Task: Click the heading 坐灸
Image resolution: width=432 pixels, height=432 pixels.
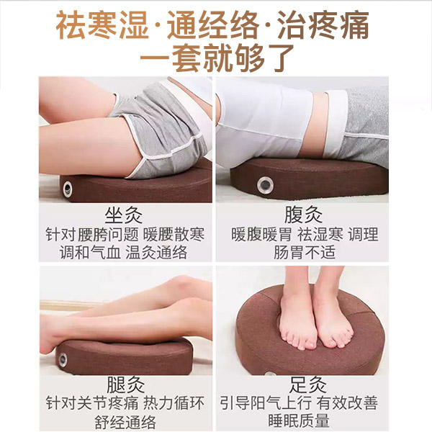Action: pyautogui.click(x=123, y=215)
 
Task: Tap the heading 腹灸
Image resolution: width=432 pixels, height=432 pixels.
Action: pyautogui.click(x=303, y=215)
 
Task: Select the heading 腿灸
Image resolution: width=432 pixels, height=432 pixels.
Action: pyautogui.click(x=125, y=384)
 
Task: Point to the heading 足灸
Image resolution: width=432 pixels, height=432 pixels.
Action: pyautogui.click(x=307, y=384)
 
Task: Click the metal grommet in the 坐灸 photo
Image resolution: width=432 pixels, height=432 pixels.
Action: pyautogui.click(x=68, y=189)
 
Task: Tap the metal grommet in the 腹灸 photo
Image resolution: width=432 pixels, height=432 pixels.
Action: pyautogui.click(x=265, y=185)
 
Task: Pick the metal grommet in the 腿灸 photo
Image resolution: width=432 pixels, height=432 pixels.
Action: pyautogui.click(x=63, y=359)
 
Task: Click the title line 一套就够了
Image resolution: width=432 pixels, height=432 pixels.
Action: pyautogui.click(x=217, y=58)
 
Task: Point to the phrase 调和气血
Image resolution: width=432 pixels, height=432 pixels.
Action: pyautogui.click(x=90, y=252)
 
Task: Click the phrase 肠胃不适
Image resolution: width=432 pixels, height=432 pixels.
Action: pyautogui.click(x=305, y=252)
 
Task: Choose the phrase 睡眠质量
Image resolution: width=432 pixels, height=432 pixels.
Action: pyautogui.click(x=299, y=420)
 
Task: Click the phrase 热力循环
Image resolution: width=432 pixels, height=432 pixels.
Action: pyautogui.click(x=174, y=403)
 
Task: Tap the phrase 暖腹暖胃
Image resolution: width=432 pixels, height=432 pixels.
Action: pyautogui.click(x=261, y=235)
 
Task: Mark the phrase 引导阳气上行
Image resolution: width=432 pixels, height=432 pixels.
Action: pyautogui.click(x=266, y=402)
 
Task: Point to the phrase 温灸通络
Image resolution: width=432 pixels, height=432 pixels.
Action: pyautogui.click(x=156, y=252)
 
